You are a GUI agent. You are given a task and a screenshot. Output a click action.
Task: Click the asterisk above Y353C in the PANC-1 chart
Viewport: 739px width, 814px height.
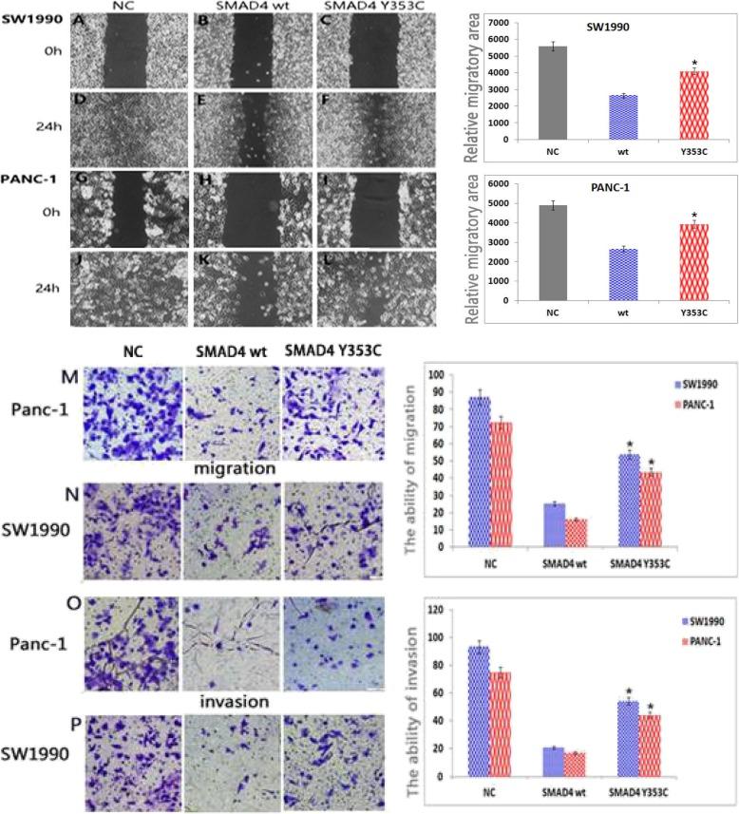[x=692, y=218]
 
